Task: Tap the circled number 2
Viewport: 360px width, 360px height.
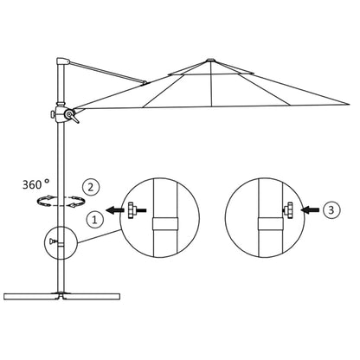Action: [x=89, y=184]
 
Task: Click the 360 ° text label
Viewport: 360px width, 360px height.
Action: [x=39, y=184]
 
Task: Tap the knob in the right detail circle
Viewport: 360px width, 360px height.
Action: [x=286, y=209]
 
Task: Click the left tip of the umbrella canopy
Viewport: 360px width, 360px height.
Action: [x=78, y=108]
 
